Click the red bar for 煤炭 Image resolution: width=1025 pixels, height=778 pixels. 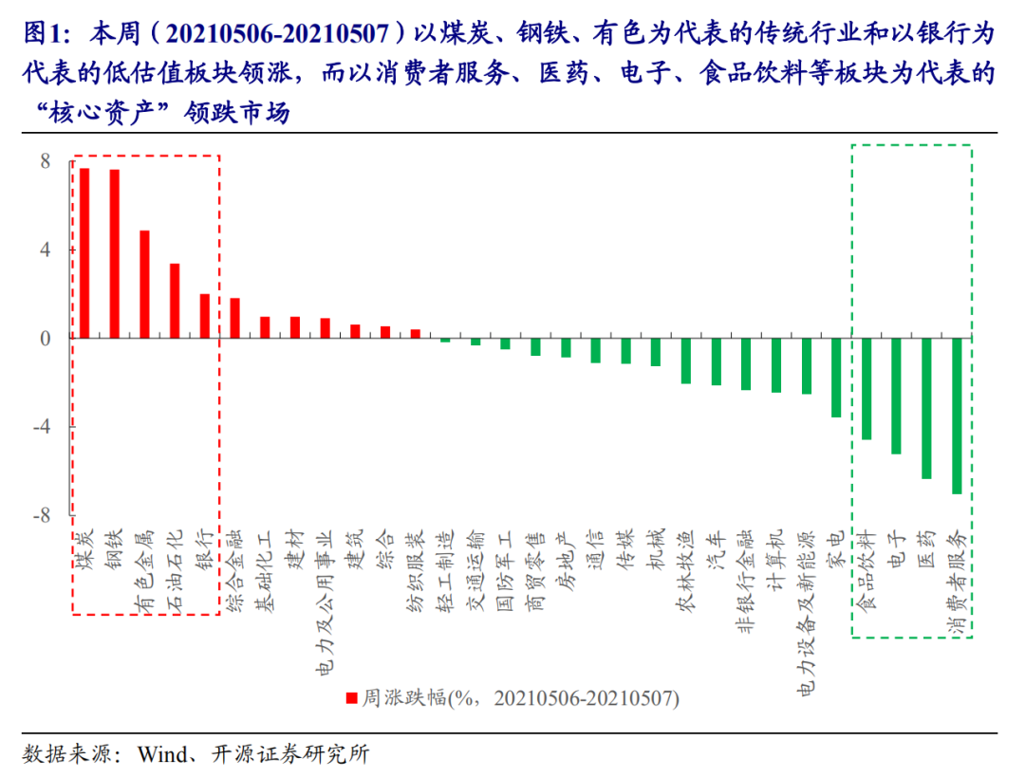(x=84, y=253)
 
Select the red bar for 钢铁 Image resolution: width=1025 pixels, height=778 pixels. (x=115, y=254)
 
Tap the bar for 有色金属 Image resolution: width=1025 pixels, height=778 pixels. (x=144, y=285)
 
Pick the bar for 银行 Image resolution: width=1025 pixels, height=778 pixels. (x=204, y=316)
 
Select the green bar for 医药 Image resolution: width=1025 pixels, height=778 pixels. (x=926, y=408)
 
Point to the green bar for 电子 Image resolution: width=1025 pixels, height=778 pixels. (x=896, y=396)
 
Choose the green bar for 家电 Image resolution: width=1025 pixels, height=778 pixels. (x=836, y=378)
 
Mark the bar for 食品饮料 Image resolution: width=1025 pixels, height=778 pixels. (x=867, y=389)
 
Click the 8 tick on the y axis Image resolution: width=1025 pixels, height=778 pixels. (x=45, y=162)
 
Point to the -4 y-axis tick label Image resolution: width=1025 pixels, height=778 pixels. (x=41, y=427)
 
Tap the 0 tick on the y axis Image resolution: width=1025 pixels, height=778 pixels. (x=45, y=339)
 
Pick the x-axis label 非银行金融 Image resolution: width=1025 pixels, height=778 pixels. (x=746, y=586)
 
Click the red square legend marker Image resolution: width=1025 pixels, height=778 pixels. (x=351, y=697)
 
